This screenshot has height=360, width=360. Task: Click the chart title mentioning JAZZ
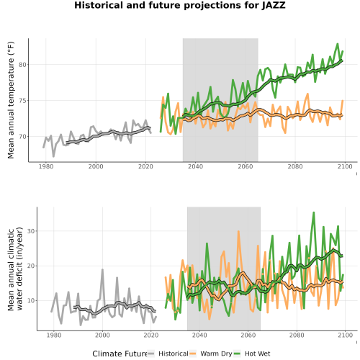(180, 5)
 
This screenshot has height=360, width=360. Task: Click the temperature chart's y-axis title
(11, 100)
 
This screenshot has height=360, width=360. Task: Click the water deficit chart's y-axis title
(15, 269)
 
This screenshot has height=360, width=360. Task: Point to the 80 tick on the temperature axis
(22, 65)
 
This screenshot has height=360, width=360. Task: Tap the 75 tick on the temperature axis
(22, 101)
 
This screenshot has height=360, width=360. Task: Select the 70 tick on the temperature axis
(22, 137)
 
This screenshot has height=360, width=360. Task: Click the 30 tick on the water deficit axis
(31, 231)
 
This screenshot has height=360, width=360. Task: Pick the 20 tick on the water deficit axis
(31, 266)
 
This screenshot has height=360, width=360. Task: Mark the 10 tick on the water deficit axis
(31, 301)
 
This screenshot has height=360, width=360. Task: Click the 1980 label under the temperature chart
(46, 166)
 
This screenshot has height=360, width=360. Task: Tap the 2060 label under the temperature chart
(246, 166)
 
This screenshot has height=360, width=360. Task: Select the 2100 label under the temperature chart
(345, 166)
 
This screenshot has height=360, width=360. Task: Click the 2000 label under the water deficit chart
(102, 335)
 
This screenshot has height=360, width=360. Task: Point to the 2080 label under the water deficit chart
(297, 335)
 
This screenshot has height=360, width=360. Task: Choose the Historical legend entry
(168, 354)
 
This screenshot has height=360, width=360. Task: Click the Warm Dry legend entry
(211, 354)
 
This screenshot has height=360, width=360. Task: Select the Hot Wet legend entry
(252, 354)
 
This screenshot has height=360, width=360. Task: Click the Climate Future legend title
(120, 354)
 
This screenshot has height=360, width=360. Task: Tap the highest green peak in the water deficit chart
(313, 212)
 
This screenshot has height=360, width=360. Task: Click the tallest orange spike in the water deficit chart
(238, 232)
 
